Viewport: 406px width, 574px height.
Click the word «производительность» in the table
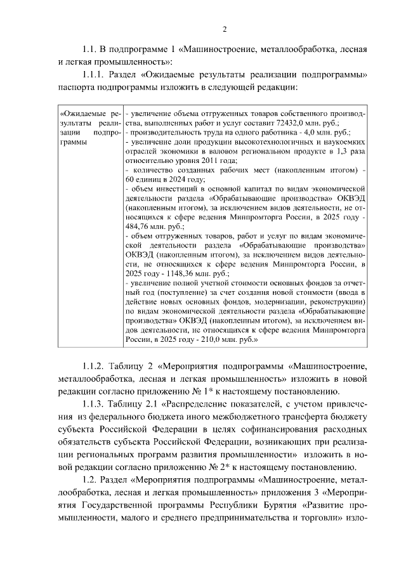click(159, 133)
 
